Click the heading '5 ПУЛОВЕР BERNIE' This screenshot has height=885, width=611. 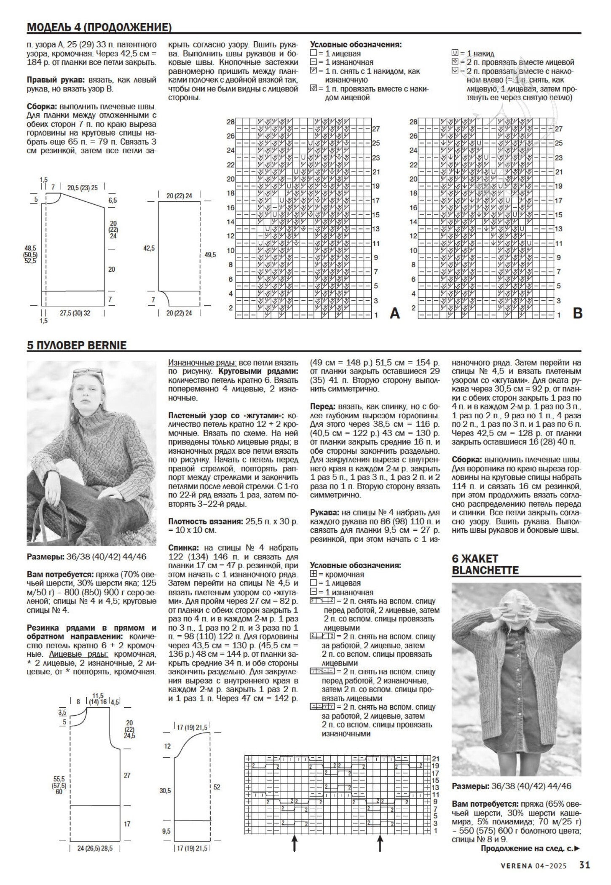click(x=77, y=345)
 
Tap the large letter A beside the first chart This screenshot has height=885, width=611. click(x=394, y=314)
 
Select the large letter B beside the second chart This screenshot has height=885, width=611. click(x=577, y=314)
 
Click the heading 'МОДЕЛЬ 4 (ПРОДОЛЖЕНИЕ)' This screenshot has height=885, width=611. click(x=99, y=28)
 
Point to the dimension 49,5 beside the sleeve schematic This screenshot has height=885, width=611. click(x=210, y=254)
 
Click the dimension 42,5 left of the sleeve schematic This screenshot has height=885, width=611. click(x=149, y=249)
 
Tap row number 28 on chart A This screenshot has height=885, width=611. click(x=230, y=122)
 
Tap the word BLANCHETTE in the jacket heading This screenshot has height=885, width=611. click(x=485, y=570)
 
